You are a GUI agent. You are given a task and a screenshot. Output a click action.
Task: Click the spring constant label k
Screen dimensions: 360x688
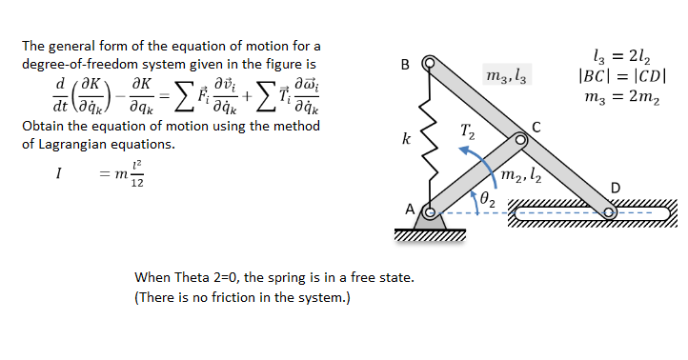pos(407,140)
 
